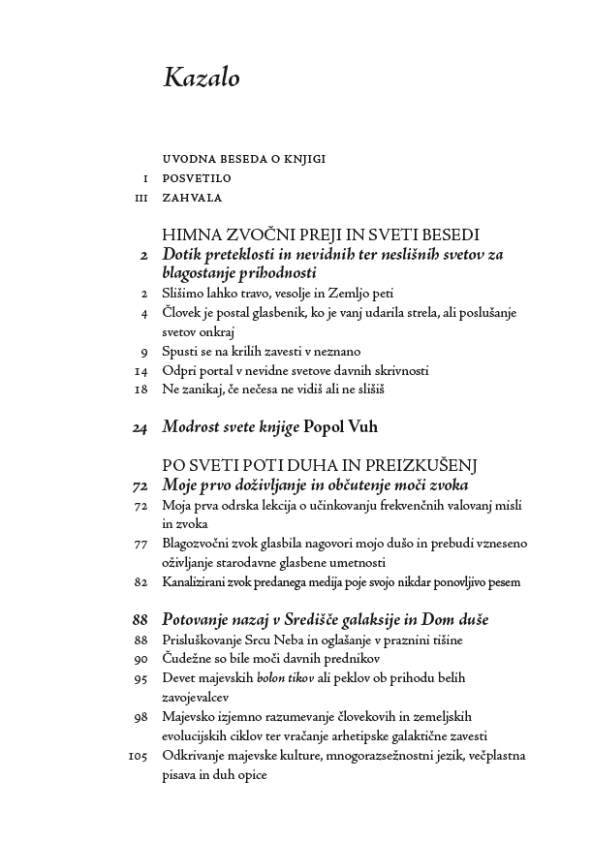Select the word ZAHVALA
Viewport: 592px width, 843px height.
click(193, 198)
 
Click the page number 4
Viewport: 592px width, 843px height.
click(143, 313)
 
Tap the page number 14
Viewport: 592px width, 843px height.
click(140, 370)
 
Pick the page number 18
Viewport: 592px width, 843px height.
click(140, 389)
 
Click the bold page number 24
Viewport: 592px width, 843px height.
click(140, 425)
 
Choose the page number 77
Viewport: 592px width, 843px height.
click(140, 544)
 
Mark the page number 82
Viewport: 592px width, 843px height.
click(140, 581)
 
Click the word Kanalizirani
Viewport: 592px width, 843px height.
click(199, 582)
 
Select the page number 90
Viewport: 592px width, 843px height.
click(140, 659)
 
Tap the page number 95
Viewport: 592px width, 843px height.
click(140, 678)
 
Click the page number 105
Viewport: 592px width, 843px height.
click(138, 756)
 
